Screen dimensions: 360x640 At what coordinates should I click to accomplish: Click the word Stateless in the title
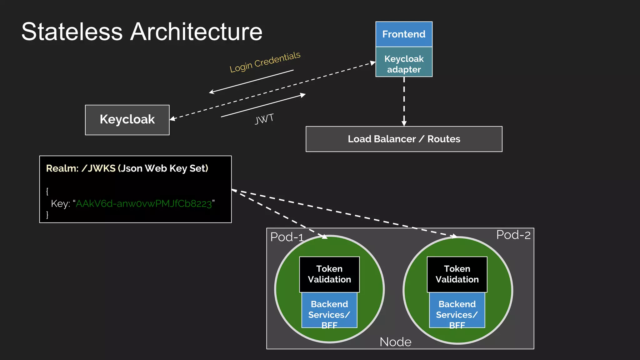click(72, 32)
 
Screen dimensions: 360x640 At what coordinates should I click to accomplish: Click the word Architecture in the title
click(196, 32)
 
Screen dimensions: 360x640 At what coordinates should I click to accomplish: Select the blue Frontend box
click(404, 34)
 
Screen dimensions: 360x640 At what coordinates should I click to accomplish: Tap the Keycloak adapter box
click(404, 64)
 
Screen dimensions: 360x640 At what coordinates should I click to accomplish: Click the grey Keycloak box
click(127, 120)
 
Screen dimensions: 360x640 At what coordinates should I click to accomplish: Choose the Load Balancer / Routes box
click(404, 139)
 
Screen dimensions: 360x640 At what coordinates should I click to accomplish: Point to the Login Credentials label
click(265, 62)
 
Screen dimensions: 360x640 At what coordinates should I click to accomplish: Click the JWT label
click(264, 119)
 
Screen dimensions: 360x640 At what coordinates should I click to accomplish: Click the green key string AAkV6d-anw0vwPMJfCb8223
click(144, 204)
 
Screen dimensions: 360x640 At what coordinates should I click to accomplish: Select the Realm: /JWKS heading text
click(127, 168)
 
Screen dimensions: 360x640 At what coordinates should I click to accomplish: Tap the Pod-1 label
click(287, 237)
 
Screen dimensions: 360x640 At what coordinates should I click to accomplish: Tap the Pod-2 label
click(513, 235)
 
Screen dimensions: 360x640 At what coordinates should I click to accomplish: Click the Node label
click(395, 342)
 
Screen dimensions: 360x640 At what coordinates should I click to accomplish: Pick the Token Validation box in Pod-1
click(329, 274)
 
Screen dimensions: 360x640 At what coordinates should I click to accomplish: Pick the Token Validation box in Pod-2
click(457, 274)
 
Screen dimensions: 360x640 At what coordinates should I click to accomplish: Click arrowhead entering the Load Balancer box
click(404, 124)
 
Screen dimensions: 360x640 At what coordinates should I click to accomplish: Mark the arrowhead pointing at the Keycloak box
click(172, 118)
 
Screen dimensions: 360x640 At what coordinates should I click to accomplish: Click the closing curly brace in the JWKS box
click(47, 214)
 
